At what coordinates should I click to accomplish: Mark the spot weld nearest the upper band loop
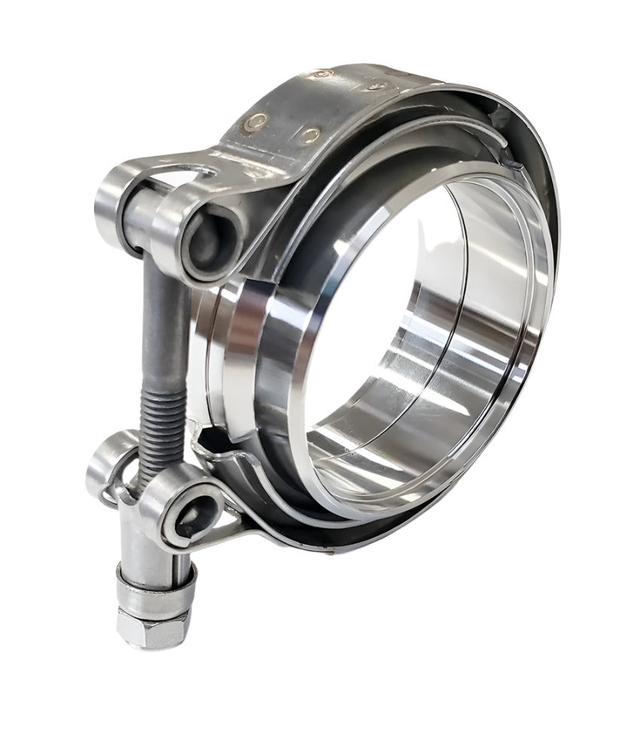point(259,120)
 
